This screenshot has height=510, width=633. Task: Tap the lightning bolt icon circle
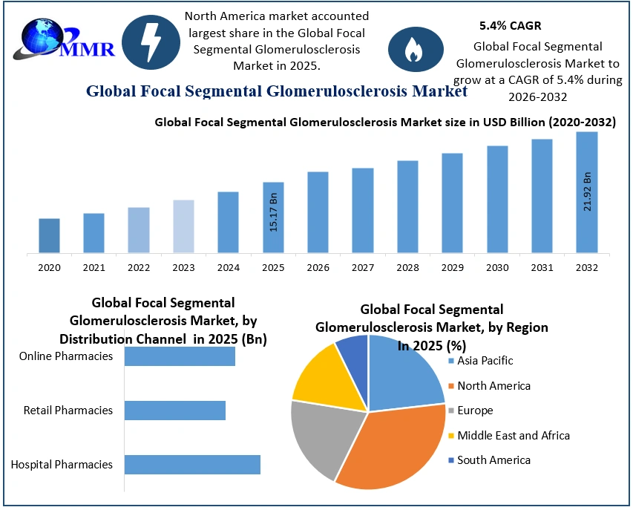[150, 42]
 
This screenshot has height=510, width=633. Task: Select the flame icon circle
[410, 50]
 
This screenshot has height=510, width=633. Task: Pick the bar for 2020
[49, 235]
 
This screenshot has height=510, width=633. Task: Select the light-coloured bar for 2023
[183, 226]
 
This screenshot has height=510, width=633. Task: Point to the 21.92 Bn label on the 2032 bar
[587, 192]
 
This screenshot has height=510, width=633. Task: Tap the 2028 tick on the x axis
[407, 267]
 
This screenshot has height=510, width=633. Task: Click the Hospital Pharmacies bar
[192, 464]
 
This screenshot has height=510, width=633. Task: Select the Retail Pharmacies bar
[174, 411]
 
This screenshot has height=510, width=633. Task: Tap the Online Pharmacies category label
[66, 356]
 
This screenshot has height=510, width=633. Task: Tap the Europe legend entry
[475, 411]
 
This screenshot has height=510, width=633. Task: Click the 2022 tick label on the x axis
[139, 267]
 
